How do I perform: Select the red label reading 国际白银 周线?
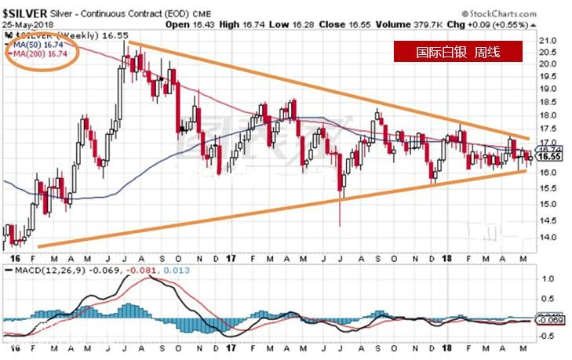click(457, 53)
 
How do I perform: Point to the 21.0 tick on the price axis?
click(549, 40)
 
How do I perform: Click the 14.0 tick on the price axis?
click(549, 237)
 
